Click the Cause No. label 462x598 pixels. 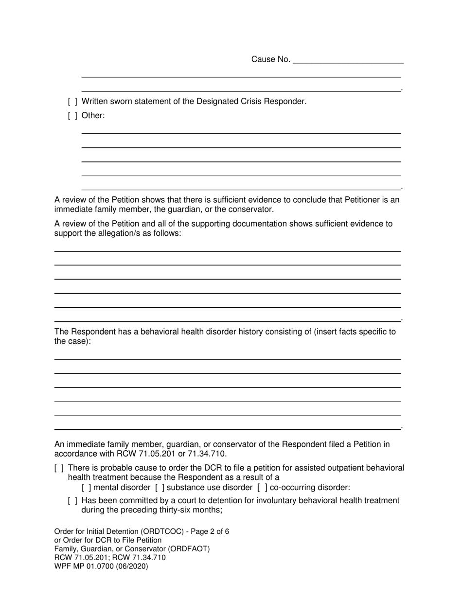click(270, 59)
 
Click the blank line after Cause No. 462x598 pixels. click(348, 60)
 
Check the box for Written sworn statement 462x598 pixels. click(72, 102)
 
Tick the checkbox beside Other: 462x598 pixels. click(72, 116)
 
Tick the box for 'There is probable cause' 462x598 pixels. click(59, 468)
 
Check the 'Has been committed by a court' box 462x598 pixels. click(72, 501)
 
